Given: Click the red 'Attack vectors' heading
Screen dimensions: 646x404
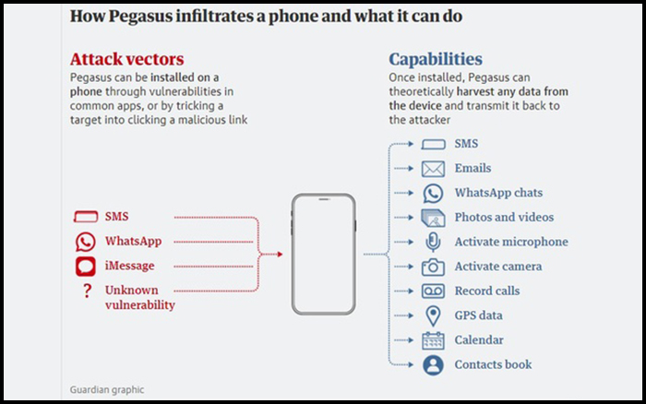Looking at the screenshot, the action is (x=127, y=59).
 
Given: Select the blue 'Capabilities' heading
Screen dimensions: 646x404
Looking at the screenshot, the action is (x=436, y=60).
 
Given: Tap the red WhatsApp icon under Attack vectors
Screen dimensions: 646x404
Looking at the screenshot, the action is (x=85, y=242).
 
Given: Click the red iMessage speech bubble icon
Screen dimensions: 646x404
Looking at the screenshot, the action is (x=85, y=267).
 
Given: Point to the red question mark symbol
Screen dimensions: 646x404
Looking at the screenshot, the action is (x=87, y=291).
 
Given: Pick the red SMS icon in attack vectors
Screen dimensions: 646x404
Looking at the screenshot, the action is (x=86, y=217).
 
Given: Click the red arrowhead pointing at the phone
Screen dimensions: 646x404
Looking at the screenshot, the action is (x=280, y=255).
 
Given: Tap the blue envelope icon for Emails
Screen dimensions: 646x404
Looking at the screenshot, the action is (x=433, y=169).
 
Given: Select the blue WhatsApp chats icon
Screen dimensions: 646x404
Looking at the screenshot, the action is (x=433, y=193).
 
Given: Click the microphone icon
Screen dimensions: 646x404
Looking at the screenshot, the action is (x=433, y=243).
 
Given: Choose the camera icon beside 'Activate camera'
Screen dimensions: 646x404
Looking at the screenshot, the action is (x=433, y=267).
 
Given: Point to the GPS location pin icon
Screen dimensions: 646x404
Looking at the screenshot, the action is (x=433, y=315).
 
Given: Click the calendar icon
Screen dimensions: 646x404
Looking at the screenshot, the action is (x=433, y=340).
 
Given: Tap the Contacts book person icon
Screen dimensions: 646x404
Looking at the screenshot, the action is (x=433, y=365).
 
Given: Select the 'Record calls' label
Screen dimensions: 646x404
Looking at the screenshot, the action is (x=487, y=291).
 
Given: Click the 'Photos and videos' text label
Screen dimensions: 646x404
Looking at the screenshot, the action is (x=504, y=217).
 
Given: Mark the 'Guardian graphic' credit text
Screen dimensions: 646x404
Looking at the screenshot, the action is (x=107, y=389).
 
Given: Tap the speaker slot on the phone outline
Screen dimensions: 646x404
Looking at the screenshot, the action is (x=324, y=199).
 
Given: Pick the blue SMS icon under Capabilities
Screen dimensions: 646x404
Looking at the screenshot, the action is (x=433, y=144).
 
